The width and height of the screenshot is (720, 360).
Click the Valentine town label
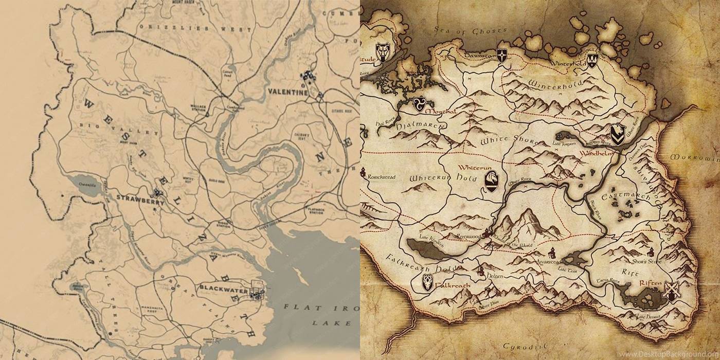click(x=287, y=93)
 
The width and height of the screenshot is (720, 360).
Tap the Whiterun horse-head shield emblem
click(x=491, y=181)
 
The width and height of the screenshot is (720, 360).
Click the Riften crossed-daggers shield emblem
click(x=671, y=291)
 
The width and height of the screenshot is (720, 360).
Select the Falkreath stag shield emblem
click(x=427, y=282)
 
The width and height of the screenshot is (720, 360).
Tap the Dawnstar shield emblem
click(x=501, y=56)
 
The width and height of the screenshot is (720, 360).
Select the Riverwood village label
click(x=461, y=235)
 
